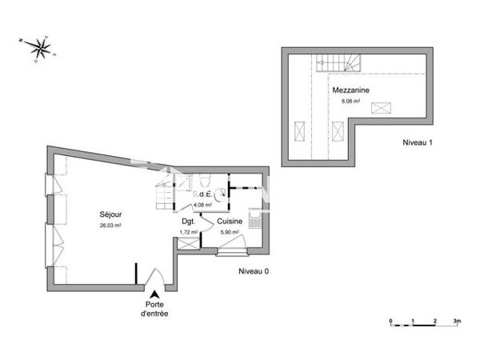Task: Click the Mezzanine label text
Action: pyautogui.click(x=350, y=90)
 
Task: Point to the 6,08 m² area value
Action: pyautogui.click(x=350, y=102)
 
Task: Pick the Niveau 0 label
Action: pyautogui.click(x=254, y=271)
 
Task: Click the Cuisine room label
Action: pyautogui.click(x=230, y=221)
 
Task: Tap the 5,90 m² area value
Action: pyautogui.click(x=230, y=232)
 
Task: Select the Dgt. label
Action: pyautogui.click(x=189, y=221)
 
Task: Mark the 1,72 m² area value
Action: pyautogui.click(x=189, y=232)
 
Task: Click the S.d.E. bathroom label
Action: pyautogui.click(x=202, y=194)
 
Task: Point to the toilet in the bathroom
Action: pyautogui.click(x=205, y=179)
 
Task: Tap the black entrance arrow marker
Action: pyautogui.click(x=154, y=295)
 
